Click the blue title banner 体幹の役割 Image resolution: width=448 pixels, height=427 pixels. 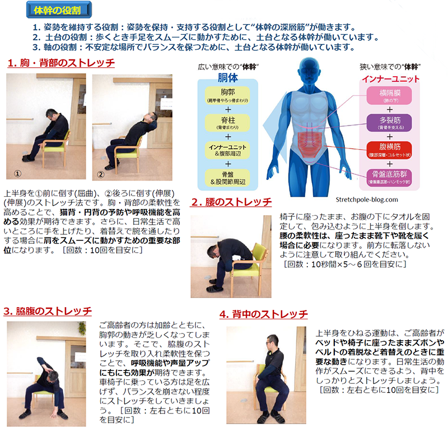pos(59,10)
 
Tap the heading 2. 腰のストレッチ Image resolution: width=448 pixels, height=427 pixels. pos(231,202)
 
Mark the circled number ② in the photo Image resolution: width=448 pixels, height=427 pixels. pos(101,174)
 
